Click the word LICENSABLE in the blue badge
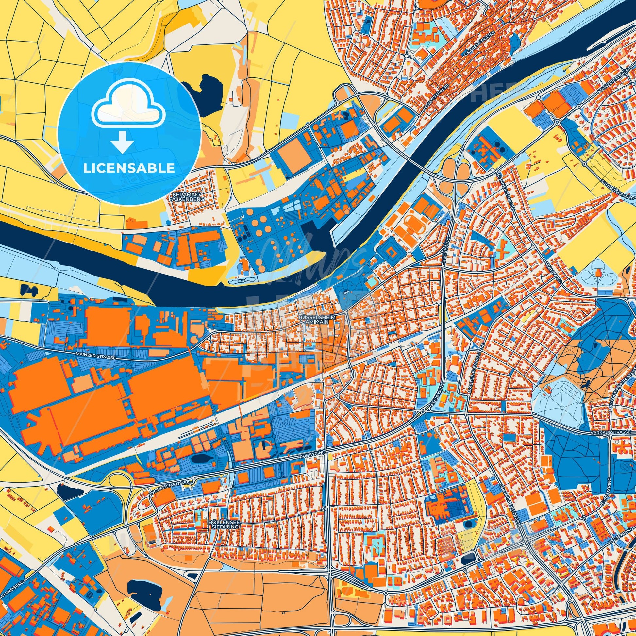[129, 168]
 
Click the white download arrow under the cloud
[122, 142]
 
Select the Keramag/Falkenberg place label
[186, 197]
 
